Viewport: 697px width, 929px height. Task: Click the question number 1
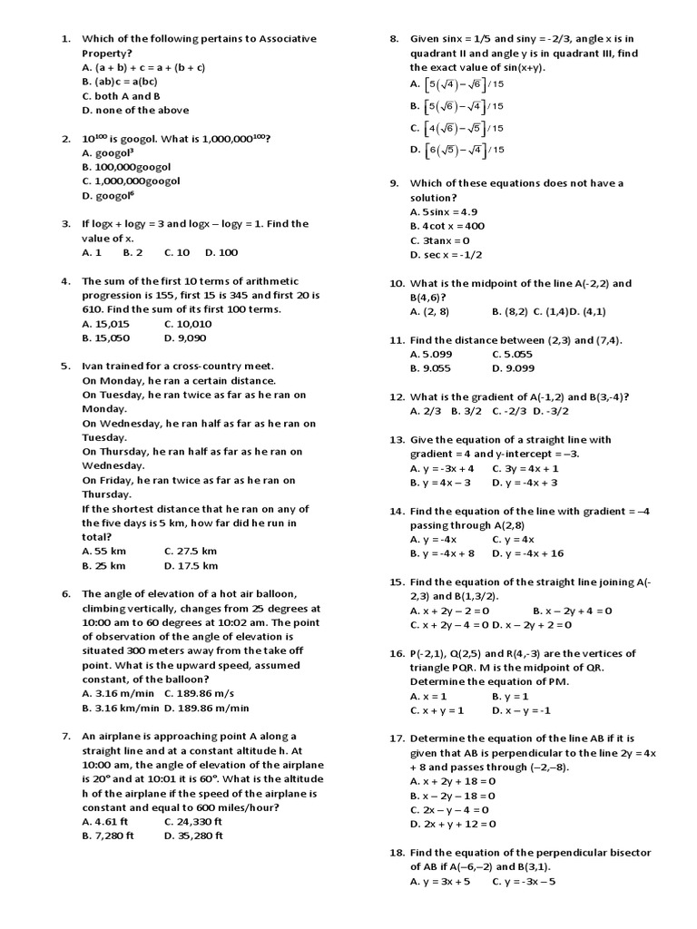click(x=65, y=39)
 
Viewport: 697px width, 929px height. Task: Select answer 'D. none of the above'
click(x=135, y=110)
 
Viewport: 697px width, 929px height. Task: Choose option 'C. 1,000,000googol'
click(x=131, y=181)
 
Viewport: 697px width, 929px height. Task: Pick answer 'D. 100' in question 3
click(x=221, y=252)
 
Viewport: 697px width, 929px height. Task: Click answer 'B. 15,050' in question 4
click(x=105, y=337)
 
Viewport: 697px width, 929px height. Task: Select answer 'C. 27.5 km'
click(x=191, y=551)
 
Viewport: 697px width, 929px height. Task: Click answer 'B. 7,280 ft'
click(x=108, y=836)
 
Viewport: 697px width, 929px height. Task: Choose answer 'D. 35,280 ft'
click(x=193, y=836)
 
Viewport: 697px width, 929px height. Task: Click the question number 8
click(x=394, y=39)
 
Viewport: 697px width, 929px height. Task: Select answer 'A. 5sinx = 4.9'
click(x=444, y=211)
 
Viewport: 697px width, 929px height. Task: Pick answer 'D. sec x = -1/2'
click(x=447, y=255)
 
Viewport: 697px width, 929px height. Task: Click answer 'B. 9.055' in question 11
click(x=430, y=368)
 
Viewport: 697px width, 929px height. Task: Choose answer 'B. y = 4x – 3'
click(x=440, y=483)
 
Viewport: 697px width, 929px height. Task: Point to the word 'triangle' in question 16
click(x=431, y=667)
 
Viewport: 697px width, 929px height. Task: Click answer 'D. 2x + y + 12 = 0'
click(x=453, y=824)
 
